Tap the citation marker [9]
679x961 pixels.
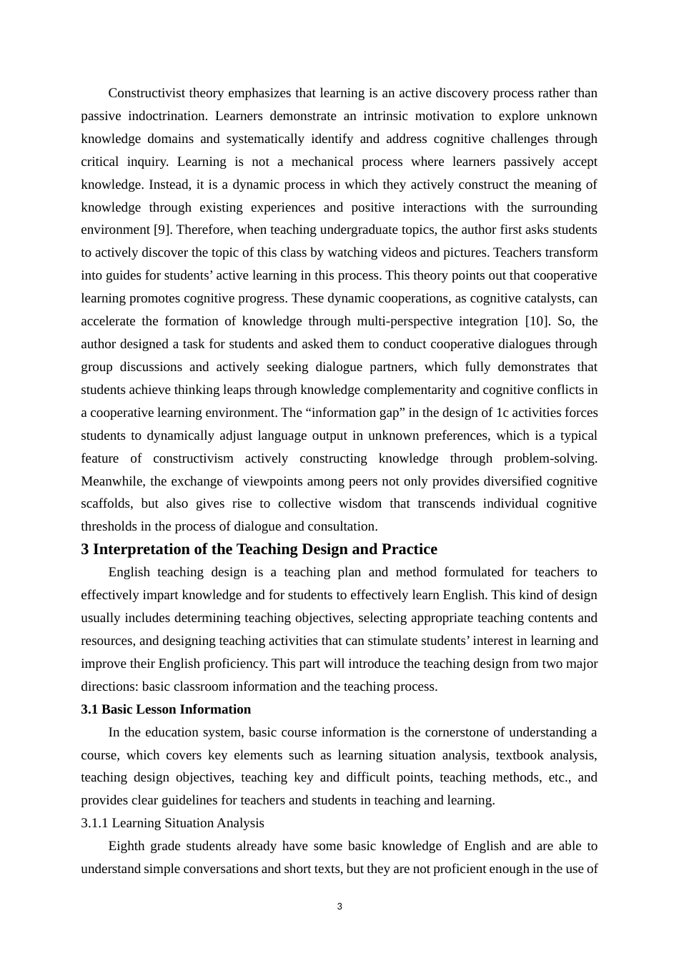(x=162, y=230)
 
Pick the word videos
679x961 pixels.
(x=392, y=252)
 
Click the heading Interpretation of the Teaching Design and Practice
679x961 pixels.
(x=265, y=549)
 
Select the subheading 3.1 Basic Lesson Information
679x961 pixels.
(x=166, y=709)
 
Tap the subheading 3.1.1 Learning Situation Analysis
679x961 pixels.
(x=172, y=823)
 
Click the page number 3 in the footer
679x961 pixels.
(x=339, y=907)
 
